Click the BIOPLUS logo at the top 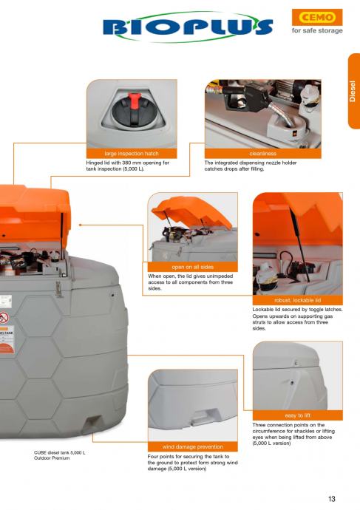(188, 27)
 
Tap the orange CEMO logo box (317, 17)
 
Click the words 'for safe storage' (317, 30)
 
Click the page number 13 (332, 499)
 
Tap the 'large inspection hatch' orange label (132, 154)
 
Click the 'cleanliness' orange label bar (262, 154)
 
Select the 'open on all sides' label (192, 267)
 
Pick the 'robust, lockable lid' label (298, 300)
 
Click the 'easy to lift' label (298, 415)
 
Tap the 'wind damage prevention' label (192, 446)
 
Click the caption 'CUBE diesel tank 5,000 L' (60, 452)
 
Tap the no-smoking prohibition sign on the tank (4, 317)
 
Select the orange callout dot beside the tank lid (80, 225)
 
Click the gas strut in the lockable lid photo (299, 244)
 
